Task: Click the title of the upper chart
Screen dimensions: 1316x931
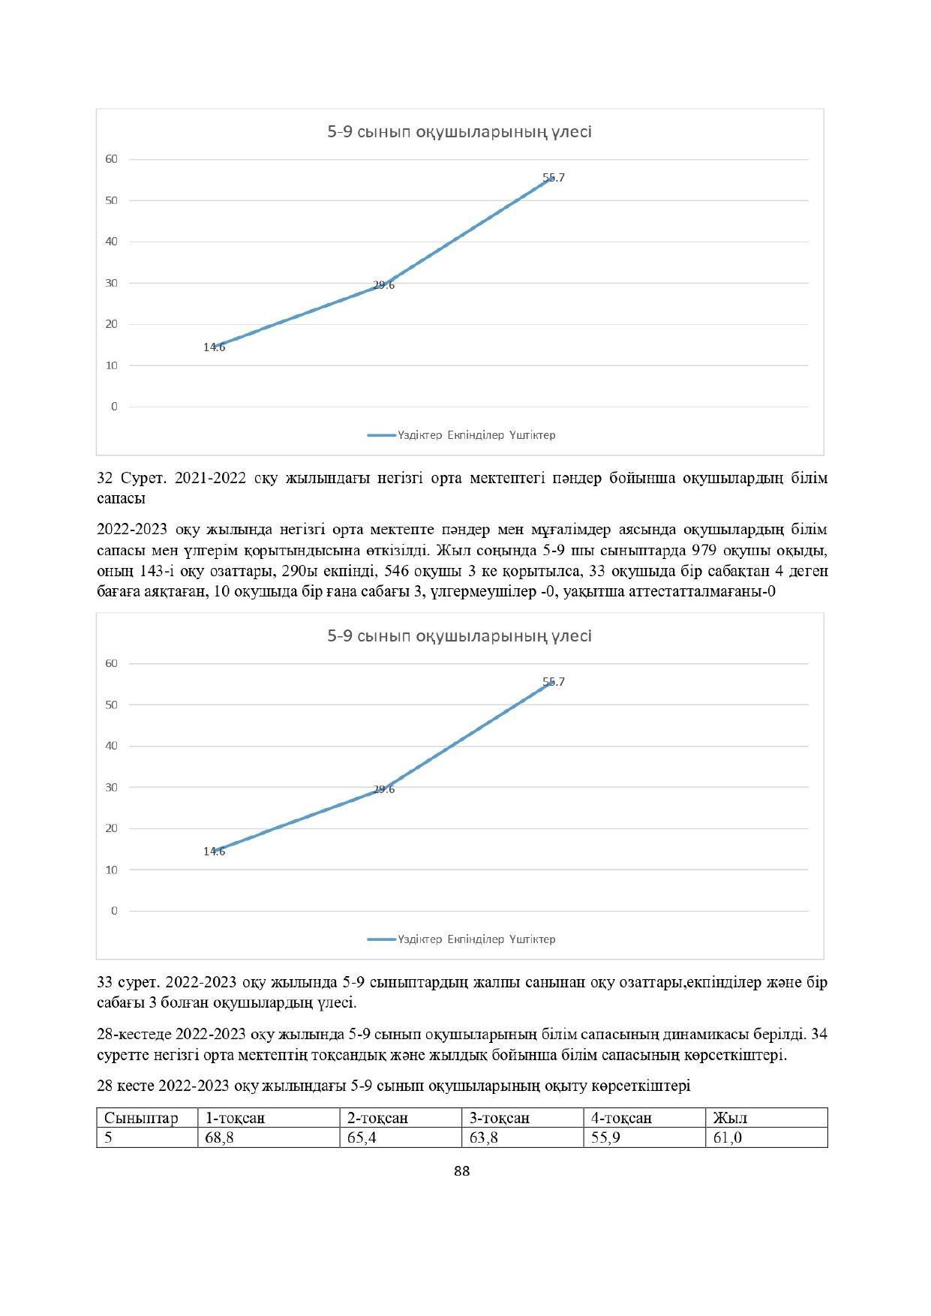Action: (x=459, y=132)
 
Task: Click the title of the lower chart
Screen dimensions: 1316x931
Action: (x=459, y=636)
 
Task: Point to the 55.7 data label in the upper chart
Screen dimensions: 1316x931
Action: (x=554, y=178)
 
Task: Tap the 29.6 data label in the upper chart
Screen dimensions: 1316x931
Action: (x=383, y=285)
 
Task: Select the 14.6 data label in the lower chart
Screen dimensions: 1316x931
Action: (x=214, y=852)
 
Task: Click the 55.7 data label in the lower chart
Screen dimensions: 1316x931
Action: (x=554, y=682)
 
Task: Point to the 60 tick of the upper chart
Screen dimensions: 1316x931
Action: (x=112, y=159)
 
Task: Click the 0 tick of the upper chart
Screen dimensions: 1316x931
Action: (x=115, y=407)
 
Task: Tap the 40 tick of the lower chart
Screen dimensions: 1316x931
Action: (x=112, y=746)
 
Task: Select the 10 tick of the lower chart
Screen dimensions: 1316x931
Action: (x=112, y=870)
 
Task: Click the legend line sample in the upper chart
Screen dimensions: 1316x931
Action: (x=381, y=435)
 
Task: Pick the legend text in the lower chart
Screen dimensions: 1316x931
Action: (x=476, y=939)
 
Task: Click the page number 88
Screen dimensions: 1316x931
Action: (x=462, y=1171)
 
